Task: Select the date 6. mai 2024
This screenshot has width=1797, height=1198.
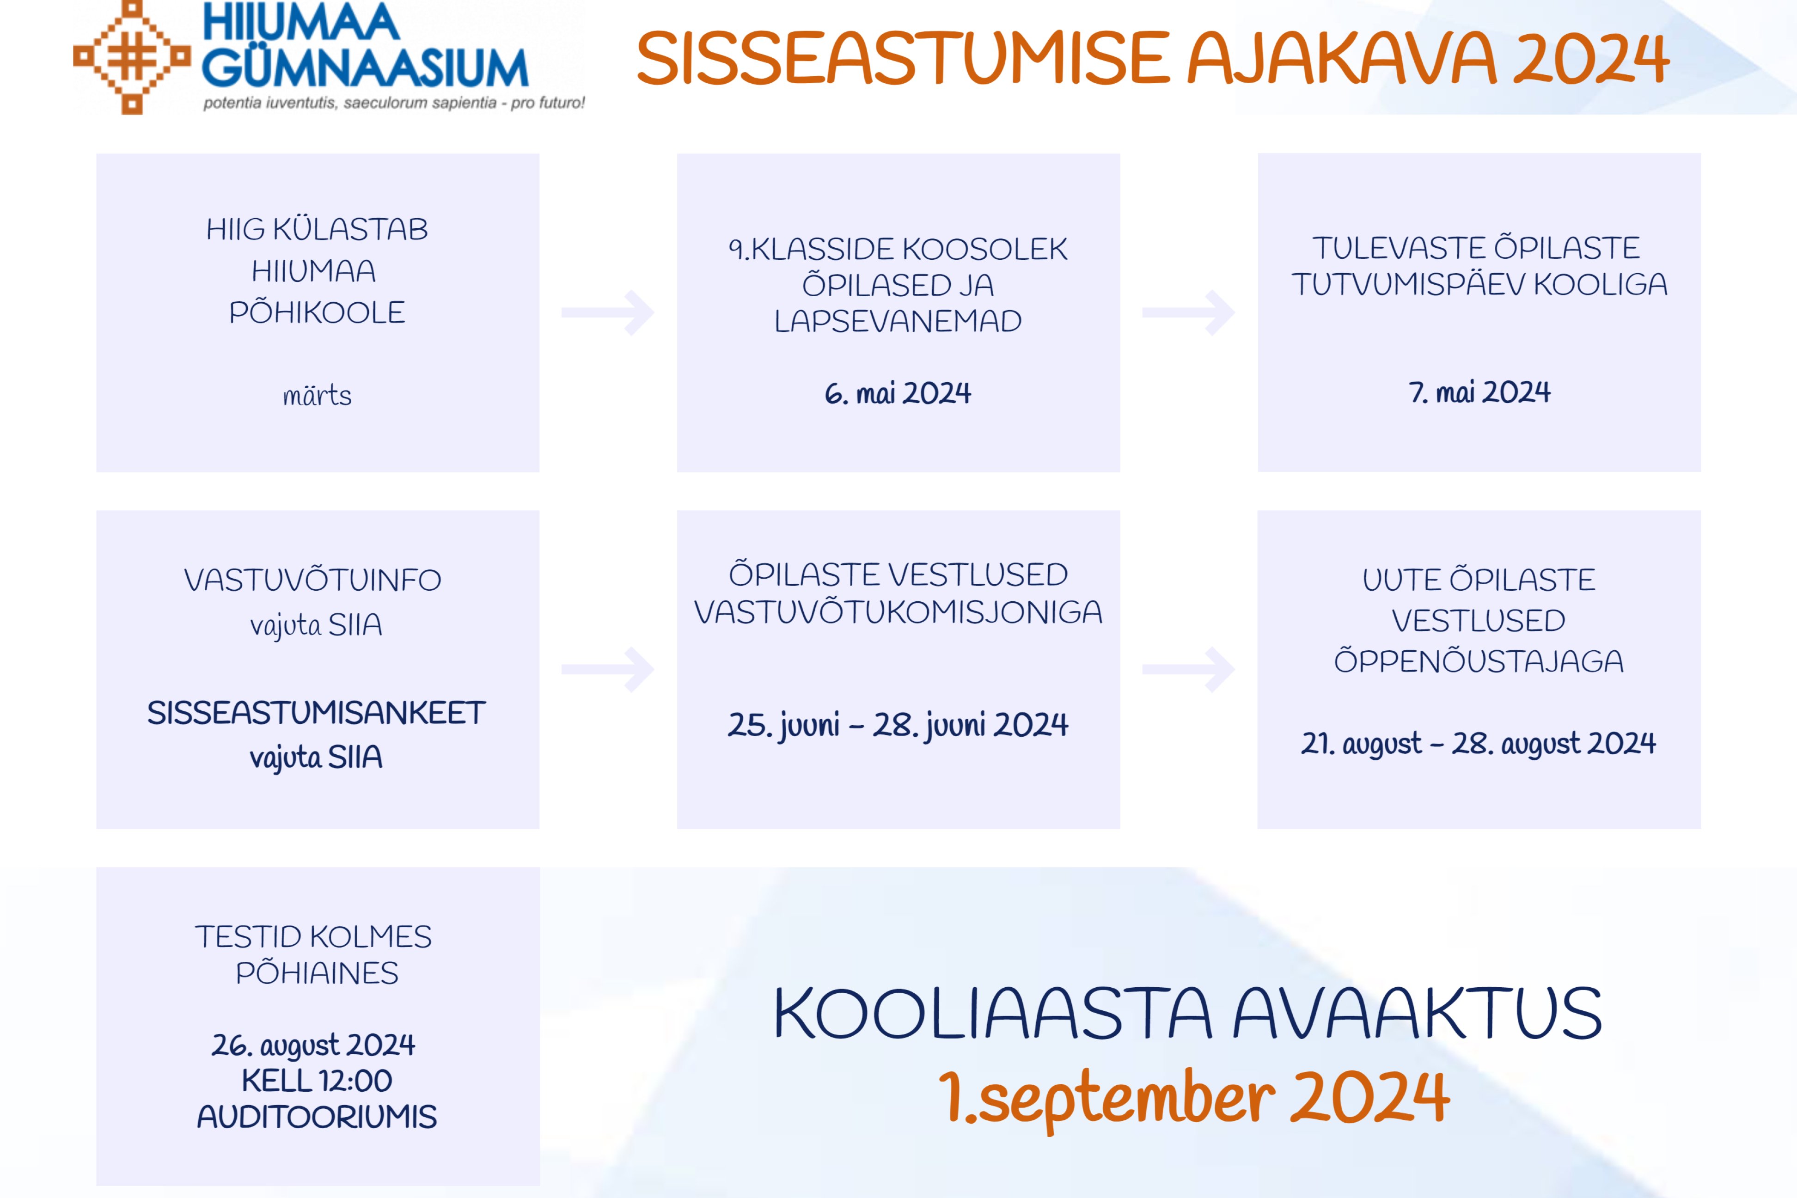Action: click(898, 393)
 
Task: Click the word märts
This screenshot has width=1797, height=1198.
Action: click(317, 396)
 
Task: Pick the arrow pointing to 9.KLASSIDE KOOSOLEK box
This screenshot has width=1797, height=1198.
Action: click(607, 312)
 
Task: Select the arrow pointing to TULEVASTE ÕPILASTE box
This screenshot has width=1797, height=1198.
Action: click(1188, 312)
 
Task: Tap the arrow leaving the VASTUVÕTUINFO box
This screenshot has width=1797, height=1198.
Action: click(607, 669)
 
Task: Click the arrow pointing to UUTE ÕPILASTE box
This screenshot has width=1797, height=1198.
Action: click(1188, 669)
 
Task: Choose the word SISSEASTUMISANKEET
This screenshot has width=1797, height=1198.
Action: click(316, 713)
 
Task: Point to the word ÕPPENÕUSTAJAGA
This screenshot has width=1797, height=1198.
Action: click(1479, 661)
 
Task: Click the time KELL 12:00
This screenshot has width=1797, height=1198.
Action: click(317, 1081)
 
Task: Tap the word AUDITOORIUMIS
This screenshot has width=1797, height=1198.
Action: click(317, 1117)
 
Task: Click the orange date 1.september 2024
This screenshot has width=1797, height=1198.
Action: click(1194, 1098)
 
